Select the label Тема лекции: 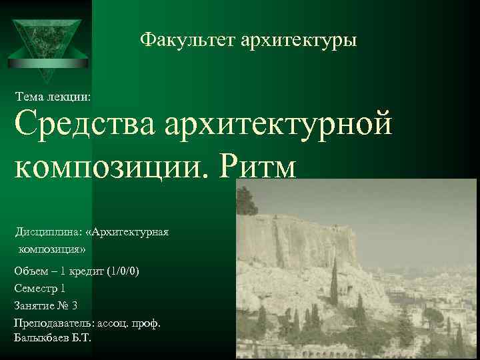pos(53,97)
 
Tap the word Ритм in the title pos(257,163)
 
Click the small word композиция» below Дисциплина pos(53,249)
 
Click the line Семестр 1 pos(39,289)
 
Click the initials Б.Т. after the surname pos(82,338)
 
